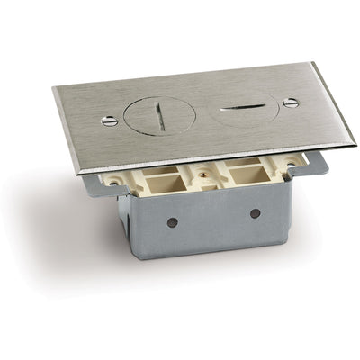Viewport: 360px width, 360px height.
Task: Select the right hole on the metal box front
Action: [255, 212]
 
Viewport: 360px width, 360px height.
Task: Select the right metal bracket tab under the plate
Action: [316, 163]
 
